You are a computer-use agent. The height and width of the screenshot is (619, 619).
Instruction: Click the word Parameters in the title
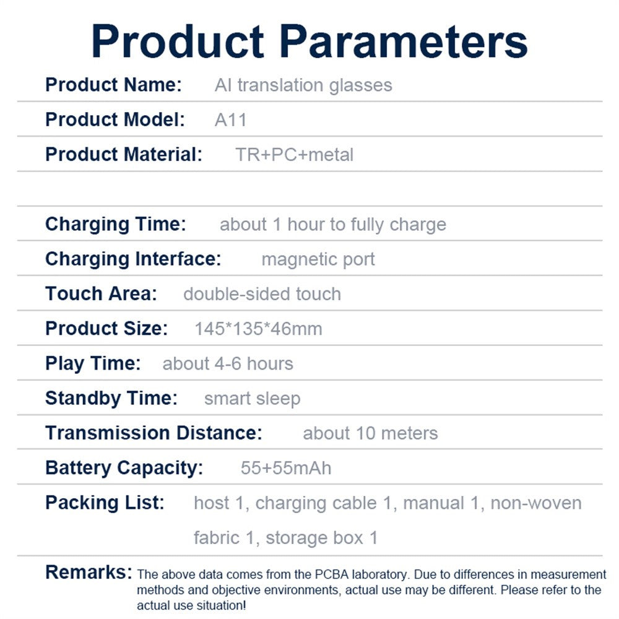pos(404,42)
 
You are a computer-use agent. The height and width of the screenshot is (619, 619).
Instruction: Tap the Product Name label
pos(114,84)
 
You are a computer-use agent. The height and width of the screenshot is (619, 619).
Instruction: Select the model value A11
pos(230,119)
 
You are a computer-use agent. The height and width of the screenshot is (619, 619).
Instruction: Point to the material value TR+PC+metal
pos(294,154)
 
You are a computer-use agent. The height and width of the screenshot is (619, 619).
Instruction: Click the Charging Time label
pos(116,224)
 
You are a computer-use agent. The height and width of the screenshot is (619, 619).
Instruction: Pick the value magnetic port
pos(318,259)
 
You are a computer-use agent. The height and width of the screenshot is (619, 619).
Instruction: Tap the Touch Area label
pos(101,293)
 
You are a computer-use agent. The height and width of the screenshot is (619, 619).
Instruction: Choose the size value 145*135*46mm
pos(259,329)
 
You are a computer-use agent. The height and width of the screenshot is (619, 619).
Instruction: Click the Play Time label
pos(93,363)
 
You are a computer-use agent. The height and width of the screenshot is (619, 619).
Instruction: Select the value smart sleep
pos(253,398)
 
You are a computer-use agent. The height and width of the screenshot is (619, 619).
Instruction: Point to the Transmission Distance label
pos(154,433)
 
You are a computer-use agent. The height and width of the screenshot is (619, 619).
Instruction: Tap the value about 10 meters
pos(370,433)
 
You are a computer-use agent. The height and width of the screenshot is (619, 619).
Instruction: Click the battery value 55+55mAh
pos(286,468)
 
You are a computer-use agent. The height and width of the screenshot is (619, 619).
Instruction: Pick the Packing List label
pos(105,503)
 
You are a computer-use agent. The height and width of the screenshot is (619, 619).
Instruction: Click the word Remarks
pos(89,572)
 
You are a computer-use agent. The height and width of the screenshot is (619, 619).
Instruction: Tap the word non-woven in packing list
pos(535,503)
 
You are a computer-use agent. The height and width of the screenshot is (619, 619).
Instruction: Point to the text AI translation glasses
pos(303,85)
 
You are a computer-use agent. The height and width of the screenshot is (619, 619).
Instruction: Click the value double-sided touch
pos(262,294)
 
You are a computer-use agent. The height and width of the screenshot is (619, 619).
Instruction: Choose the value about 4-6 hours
pos(228,363)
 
